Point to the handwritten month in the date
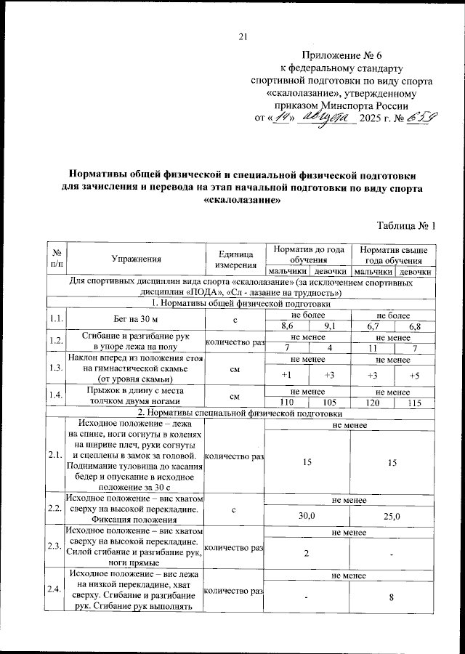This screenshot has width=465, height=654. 328,117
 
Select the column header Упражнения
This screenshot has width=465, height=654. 136,258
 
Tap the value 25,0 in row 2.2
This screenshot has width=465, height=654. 392,515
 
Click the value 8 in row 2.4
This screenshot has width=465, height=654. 392,597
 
